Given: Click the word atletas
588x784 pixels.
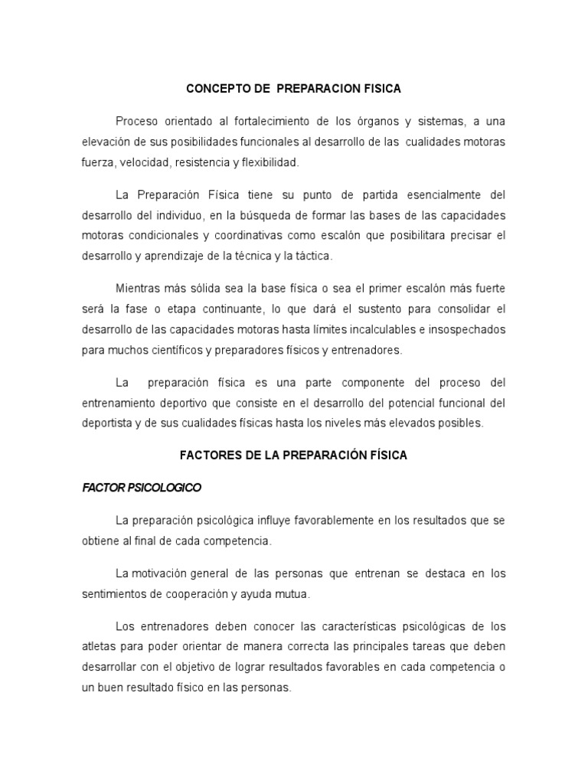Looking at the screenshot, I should [x=100, y=647].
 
